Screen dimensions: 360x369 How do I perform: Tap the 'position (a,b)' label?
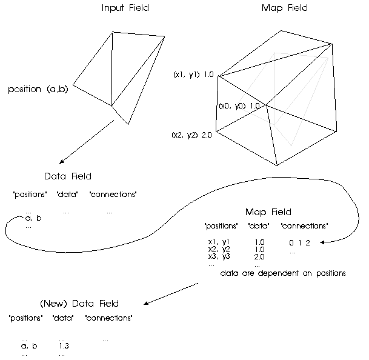pyautogui.click(x=38, y=90)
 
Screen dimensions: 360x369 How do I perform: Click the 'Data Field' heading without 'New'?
pyautogui.click(x=68, y=176)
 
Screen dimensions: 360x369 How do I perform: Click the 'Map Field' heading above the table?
pyautogui.click(x=268, y=212)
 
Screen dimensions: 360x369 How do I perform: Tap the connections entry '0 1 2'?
pyautogui.click(x=299, y=243)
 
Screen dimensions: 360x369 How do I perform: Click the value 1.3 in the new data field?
pyautogui.click(x=64, y=346)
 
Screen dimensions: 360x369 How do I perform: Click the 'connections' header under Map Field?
pyautogui.click(x=305, y=226)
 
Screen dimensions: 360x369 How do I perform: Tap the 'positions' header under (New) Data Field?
pyautogui.click(x=26, y=318)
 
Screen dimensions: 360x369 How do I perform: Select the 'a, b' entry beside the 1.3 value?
pyautogui.click(x=29, y=346)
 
